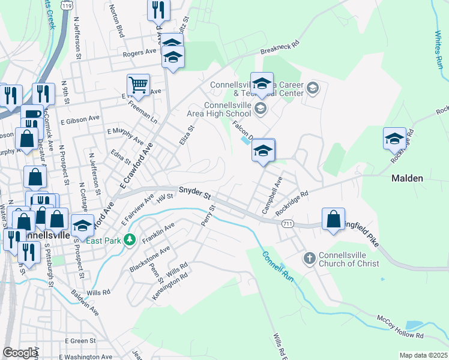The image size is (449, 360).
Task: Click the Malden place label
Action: (407, 178)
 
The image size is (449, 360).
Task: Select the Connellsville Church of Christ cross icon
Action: (309, 259)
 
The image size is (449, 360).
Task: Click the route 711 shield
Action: (288, 223)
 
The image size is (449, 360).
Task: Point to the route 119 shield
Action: (68, 5)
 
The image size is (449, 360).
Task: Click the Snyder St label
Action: (196, 195)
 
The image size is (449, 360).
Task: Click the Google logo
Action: (20, 353)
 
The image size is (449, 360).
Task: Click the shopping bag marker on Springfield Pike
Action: (334, 219)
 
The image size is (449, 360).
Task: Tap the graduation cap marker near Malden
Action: (394, 138)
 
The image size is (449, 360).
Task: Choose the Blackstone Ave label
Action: (149, 259)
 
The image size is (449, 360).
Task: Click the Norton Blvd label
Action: (116, 25)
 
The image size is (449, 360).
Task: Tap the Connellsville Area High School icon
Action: (260, 109)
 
